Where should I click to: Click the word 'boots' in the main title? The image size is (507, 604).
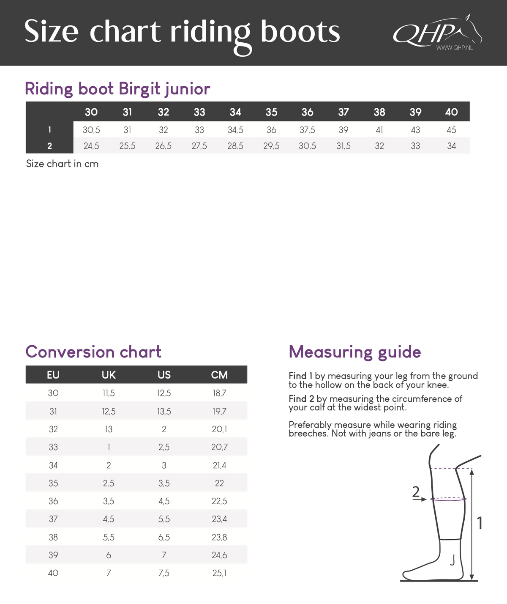(x=300, y=32)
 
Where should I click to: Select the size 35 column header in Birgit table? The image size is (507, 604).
(x=271, y=112)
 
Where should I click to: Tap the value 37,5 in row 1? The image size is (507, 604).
(x=307, y=130)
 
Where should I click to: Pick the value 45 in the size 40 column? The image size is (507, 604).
(x=451, y=130)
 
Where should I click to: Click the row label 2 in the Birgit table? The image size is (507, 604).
(x=49, y=146)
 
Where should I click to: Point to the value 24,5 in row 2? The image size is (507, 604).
(x=91, y=146)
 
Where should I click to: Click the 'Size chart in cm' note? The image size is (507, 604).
(x=62, y=164)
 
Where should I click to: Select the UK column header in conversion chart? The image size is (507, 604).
(x=109, y=375)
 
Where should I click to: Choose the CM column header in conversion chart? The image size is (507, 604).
(x=219, y=375)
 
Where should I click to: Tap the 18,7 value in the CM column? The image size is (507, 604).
(x=219, y=393)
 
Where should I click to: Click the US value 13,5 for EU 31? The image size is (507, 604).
(x=164, y=412)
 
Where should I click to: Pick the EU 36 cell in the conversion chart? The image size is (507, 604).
(x=53, y=501)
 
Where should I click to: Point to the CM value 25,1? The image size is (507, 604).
(x=219, y=573)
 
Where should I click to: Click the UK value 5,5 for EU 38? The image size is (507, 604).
(x=109, y=537)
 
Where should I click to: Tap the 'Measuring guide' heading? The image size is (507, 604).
(x=354, y=352)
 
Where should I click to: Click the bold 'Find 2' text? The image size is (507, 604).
(x=301, y=399)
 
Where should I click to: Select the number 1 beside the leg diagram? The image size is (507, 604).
(x=480, y=524)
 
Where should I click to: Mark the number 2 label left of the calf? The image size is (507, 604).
(x=416, y=491)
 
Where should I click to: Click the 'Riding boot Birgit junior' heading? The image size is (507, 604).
(x=117, y=89)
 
